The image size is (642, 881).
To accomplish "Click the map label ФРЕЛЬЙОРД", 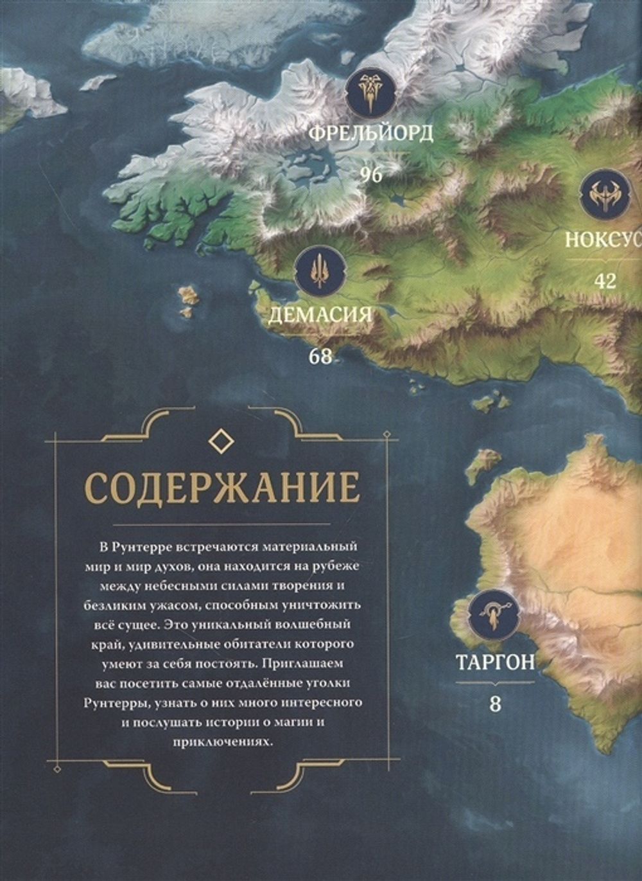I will tap(371, 134).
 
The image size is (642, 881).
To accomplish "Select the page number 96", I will tap(370, 174).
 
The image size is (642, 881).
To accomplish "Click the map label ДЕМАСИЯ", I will tap(320, 315).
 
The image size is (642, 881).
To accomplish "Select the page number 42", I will tap(605, 281).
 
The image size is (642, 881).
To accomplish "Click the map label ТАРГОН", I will tap(495, 662).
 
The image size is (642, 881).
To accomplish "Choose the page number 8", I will tap(495, 704).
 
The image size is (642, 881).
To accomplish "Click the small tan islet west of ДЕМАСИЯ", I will tap(187, 296).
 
